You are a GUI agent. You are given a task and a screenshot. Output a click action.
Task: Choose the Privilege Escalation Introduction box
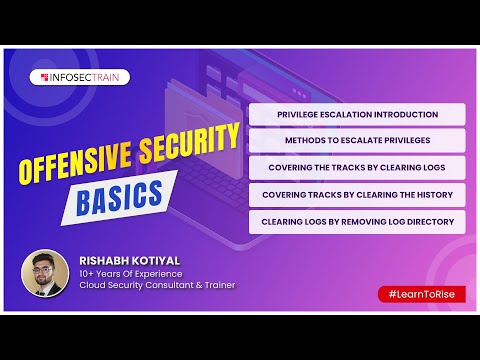pyautogui.click(x=357, y=114)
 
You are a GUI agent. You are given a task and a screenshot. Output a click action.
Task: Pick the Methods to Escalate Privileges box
pyautogui.click(x=357, y=141)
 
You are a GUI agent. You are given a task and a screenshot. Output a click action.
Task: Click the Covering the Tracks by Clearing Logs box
pyautogui.click(x=357, y=167)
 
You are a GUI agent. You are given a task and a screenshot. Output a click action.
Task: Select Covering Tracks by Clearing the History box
pyautogui.click(x=357, y=194)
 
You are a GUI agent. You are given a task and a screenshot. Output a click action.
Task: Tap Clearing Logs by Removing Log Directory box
pyautogui.click(x=357, y=221)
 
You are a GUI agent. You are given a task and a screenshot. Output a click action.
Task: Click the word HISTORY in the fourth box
pyautogui.click(x=431, y=194)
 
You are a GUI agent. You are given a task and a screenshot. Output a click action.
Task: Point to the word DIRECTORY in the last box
pyautogui.click(x=430, y=221)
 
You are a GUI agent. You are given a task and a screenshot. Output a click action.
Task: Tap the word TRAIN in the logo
pyautogui.click(x=112, y=76)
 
